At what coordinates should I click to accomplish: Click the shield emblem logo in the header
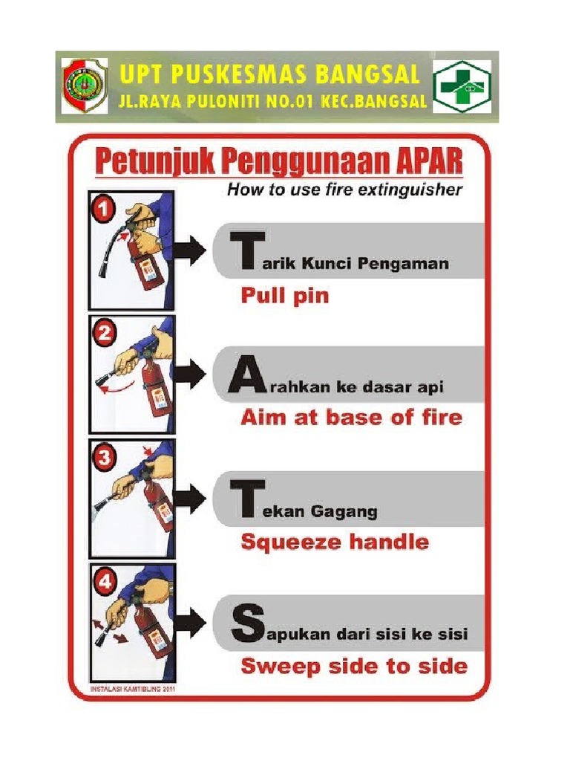(84, 86)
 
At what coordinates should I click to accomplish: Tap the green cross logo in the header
(461, 87)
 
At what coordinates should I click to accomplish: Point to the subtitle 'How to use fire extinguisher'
(344, 190)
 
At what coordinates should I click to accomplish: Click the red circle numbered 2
(104, 334)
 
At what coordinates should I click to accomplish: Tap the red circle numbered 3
(104, 458)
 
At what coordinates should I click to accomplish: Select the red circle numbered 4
(104, 582)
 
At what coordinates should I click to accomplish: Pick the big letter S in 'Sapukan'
(246, 625)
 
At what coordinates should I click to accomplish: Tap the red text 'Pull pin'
(284, 297)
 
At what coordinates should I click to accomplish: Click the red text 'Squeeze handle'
(335, 542)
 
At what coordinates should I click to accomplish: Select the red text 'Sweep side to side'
(354, 665)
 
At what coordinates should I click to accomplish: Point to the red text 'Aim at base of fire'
(351, 418)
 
